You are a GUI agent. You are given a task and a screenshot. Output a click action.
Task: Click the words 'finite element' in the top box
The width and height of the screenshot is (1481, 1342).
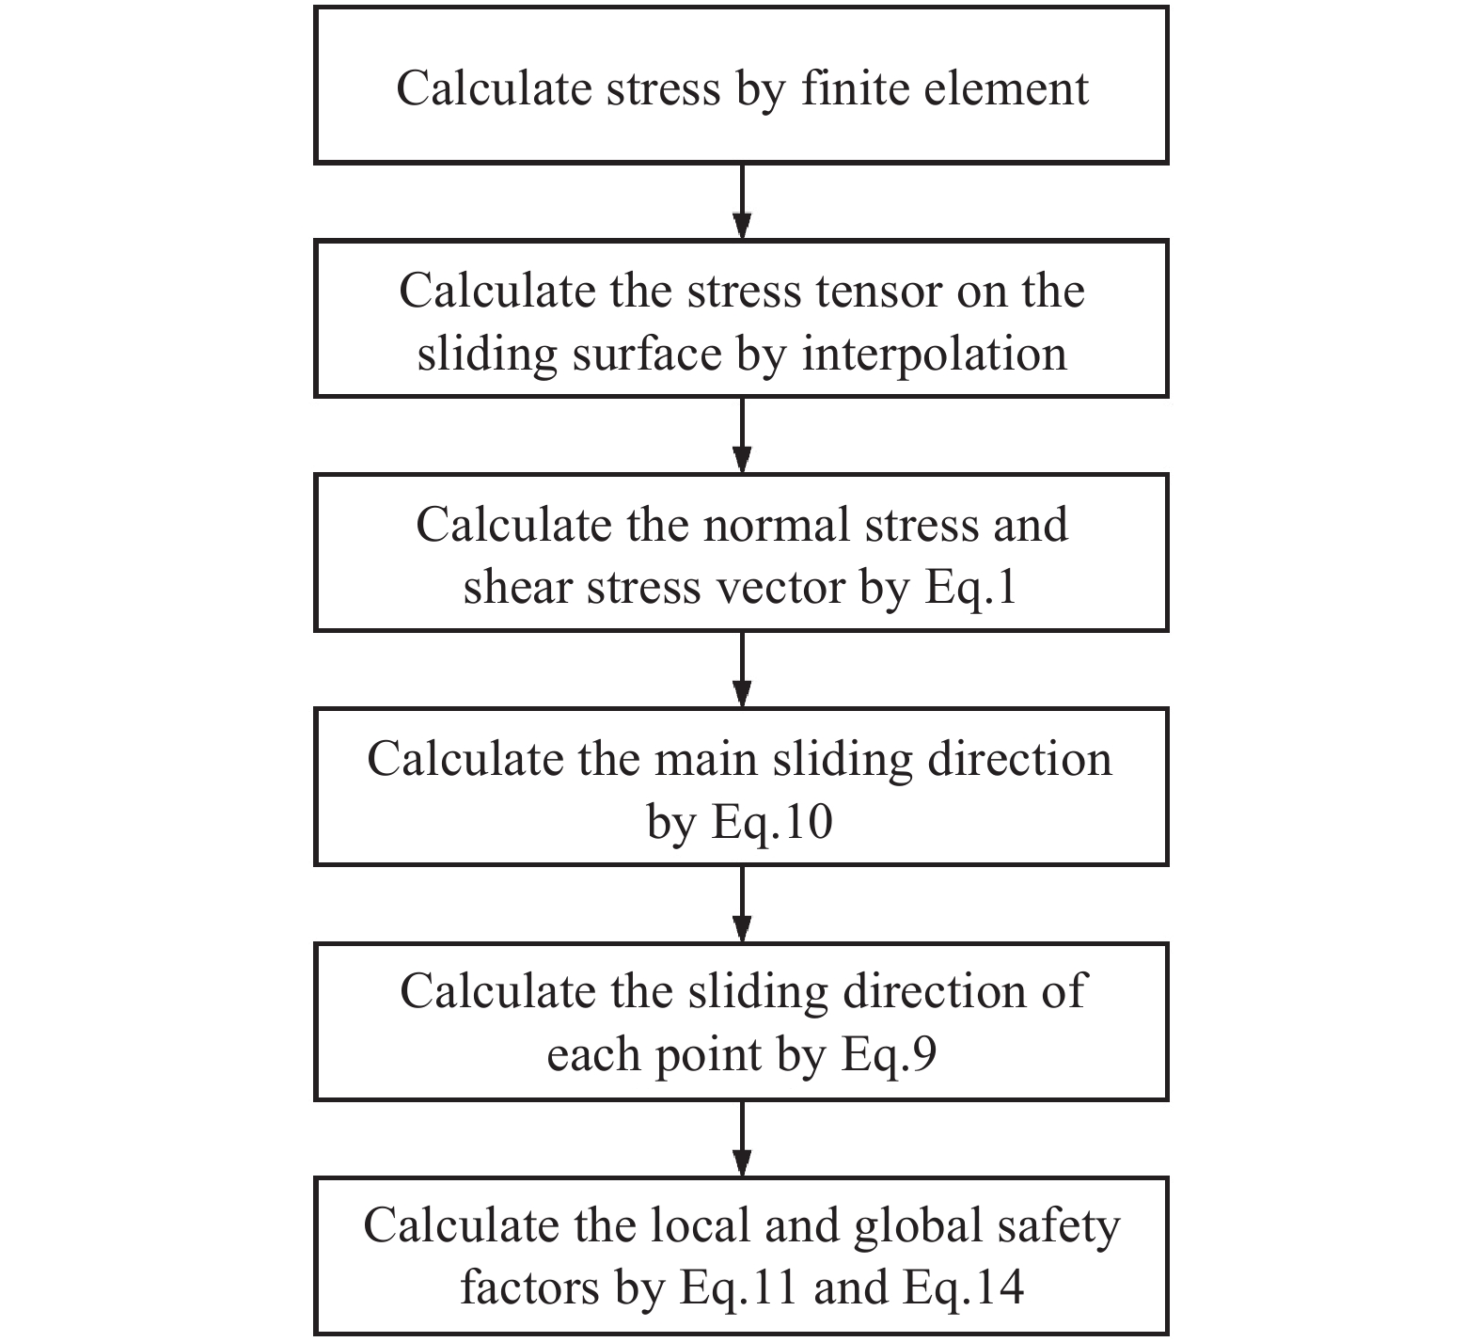(x=945, y=88)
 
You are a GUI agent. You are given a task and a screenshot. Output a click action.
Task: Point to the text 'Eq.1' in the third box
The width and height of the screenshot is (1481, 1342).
(x=971, y=588)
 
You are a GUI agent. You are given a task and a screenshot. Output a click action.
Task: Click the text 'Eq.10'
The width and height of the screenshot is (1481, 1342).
(x=772, y=822)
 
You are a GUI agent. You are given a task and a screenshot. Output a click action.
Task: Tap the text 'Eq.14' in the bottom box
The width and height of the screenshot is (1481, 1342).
(x=964, y=1287)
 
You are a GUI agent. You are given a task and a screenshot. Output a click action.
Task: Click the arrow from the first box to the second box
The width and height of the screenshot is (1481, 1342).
(x=742, y=201)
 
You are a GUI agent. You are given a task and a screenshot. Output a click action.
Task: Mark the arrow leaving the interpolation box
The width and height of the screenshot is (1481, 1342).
(x=742, y=434)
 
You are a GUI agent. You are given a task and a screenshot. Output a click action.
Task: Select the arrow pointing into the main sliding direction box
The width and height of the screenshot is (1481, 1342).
(x=742, y=669)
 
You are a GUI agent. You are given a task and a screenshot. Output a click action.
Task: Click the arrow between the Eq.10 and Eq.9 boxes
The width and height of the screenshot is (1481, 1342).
(x=742, y=903)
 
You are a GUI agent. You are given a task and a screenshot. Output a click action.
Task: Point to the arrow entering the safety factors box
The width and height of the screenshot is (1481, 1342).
(x=742, y=1137)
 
